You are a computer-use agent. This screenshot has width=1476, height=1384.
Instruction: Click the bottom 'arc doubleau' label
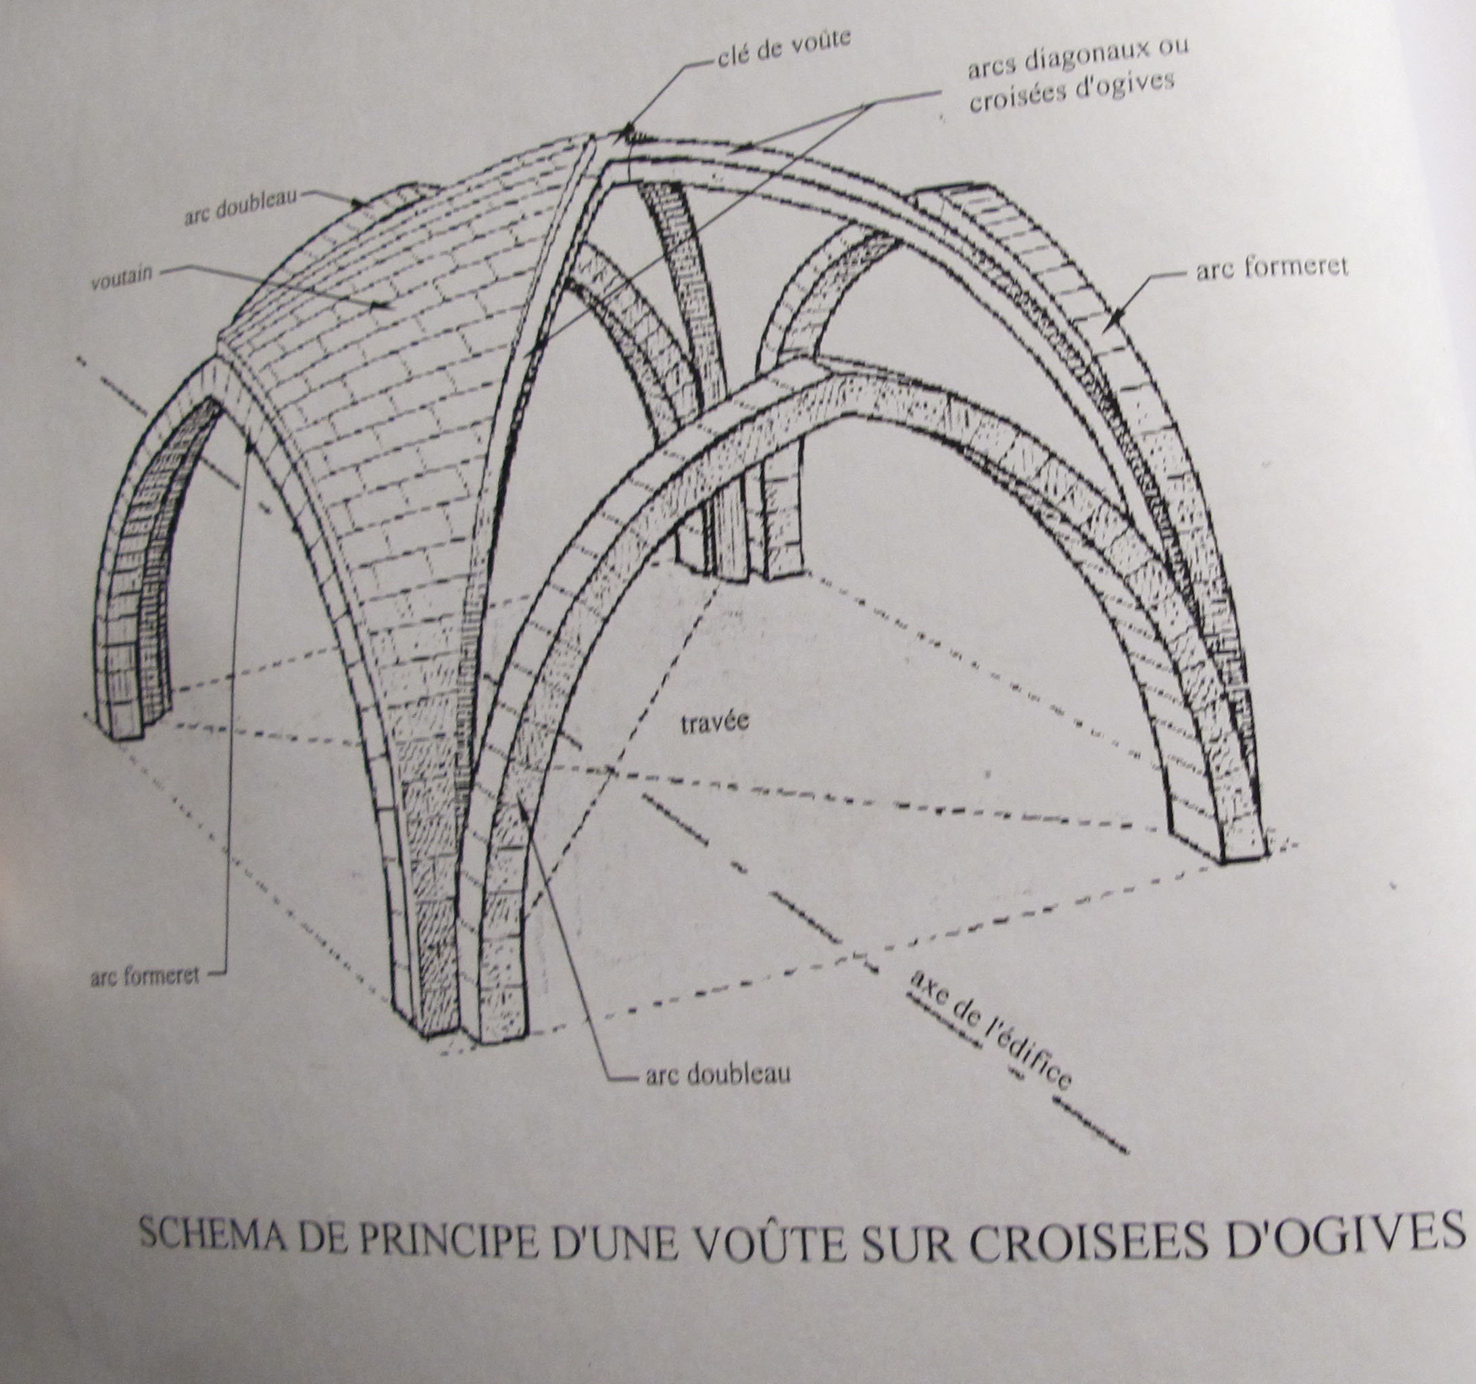pos(718,1074)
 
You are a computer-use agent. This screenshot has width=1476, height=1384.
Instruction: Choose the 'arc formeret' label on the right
pos(1271,269)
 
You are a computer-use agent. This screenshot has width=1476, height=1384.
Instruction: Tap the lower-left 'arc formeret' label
pos(145,976)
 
